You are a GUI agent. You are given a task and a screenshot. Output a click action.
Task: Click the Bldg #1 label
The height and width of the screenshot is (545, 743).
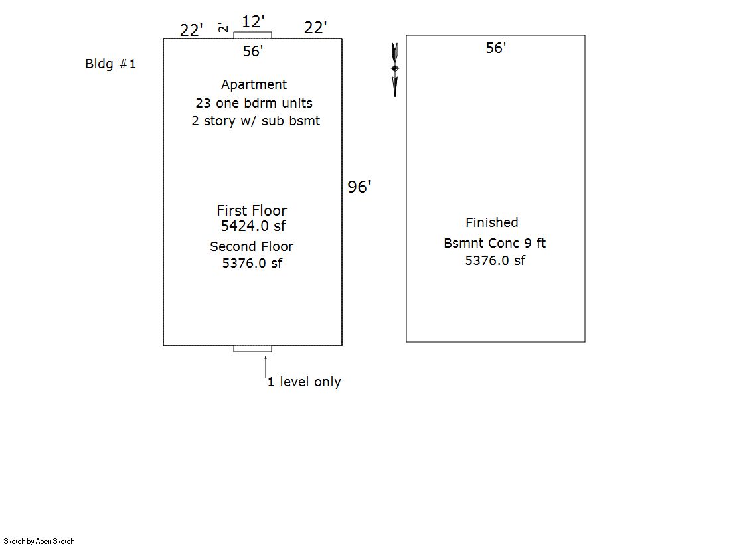[x=110, y=64]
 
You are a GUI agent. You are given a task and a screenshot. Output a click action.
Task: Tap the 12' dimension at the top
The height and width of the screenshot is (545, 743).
[x=253, y=21]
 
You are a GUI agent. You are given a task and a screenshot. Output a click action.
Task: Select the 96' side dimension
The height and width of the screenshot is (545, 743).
[x=359, y=187]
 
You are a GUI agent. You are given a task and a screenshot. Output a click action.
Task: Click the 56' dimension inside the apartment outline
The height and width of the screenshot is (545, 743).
[x=253, y=51]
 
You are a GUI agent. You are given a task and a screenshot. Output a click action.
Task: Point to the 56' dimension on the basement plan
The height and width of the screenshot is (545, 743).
[x=495, y=48]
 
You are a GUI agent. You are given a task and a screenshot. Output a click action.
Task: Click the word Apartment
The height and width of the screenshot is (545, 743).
[x=254, y=85]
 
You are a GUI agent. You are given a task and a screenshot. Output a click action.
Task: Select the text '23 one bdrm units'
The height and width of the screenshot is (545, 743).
[x=254, y=103]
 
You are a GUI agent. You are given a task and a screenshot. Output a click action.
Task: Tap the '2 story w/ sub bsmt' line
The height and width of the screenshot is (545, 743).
[x=256, y=121]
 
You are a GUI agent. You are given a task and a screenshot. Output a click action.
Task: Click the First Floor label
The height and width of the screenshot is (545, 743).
[x=252, y=210]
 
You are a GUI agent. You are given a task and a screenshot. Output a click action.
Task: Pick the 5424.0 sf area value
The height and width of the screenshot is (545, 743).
[x=253, y=226]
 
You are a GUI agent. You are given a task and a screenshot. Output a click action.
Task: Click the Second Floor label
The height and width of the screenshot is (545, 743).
[x=252, y=246]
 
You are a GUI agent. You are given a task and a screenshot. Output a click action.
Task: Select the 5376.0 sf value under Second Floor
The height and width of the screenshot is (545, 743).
[x=252, y=263]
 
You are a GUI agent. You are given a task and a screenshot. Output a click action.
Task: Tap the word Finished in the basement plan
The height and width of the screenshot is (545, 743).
[x=492, y=222]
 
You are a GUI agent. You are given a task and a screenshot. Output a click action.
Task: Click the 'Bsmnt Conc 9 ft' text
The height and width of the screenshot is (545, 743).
[x=495, y=243]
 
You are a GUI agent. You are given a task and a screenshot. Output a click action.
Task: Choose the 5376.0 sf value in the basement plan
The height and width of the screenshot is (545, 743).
[x=495, y=260]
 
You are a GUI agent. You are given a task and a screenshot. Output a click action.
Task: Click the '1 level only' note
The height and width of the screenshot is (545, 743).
[x=304, y=382]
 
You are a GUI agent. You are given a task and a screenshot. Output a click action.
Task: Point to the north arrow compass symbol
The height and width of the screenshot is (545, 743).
[x=394, y=70]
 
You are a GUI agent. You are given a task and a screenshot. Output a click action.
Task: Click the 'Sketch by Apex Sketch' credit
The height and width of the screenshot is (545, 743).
[x=39, y=541]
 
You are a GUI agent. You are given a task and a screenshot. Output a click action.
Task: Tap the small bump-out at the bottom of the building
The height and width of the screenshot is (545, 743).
[x=252, y=349]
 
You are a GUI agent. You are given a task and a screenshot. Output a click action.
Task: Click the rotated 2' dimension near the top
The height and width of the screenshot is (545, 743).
[x=222, y=27]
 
